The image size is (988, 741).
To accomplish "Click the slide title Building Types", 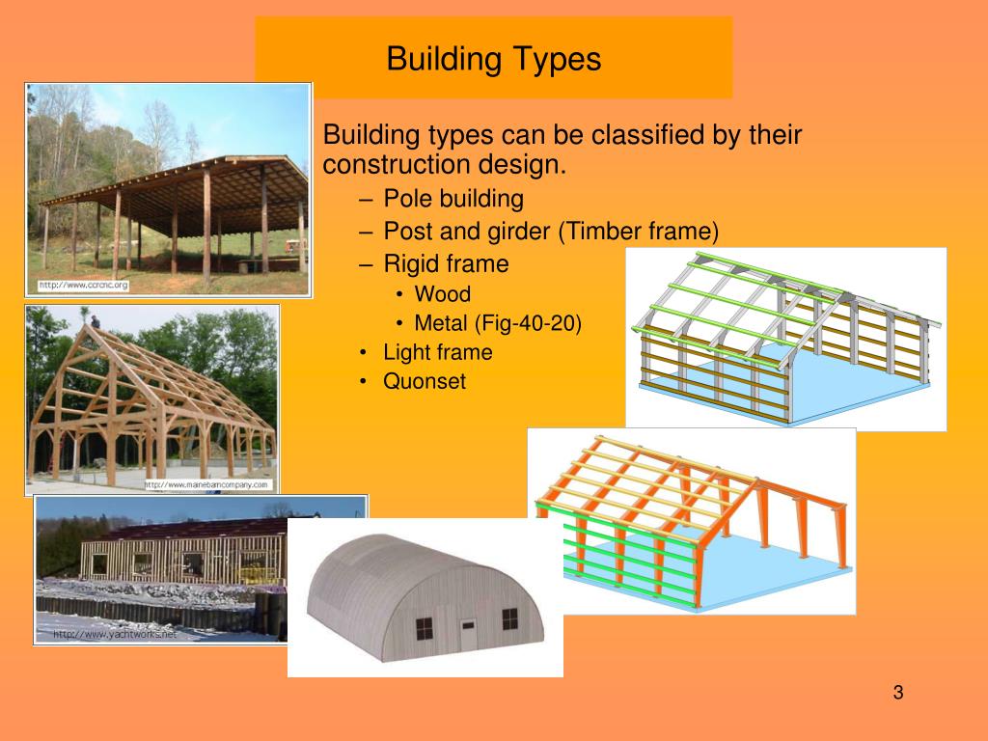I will click(x=493, y=59).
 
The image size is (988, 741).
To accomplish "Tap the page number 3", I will click(x=897, y=692).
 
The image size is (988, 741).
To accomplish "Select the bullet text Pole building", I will click(x=453, y=200).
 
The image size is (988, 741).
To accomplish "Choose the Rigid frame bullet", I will click(x=446, y=263).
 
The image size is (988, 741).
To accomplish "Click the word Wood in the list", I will click(x=442, y=294).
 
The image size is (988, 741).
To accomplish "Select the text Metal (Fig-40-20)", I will click(x=498, y=323).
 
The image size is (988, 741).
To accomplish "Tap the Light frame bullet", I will click(x=437, y=352).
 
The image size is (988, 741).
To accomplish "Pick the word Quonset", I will click(x=425, y=381).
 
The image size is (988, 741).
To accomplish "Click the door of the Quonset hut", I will click(x=469, y=634).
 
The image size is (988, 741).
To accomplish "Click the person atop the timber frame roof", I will click(x=95, y=320).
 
